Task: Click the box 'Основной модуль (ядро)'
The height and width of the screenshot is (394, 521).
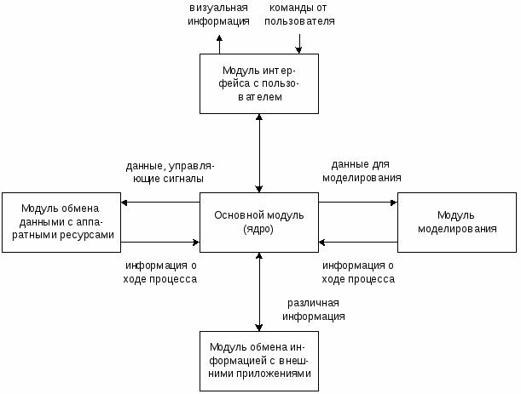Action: click(259, 222)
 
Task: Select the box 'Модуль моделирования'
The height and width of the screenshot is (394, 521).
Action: click(457, 222)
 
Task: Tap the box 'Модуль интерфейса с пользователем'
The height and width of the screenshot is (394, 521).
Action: click(259, 83)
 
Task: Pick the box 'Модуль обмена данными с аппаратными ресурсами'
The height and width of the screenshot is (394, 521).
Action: click(61, 222)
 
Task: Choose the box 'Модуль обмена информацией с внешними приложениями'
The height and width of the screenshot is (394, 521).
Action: click(259, 361)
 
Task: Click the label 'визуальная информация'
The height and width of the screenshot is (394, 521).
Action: click(218, 14)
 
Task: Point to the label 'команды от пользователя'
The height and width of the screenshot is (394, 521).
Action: click(299, 14)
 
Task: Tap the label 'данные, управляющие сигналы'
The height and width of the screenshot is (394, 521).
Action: click(170, 172)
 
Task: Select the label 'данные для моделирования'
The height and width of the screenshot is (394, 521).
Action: click(362, 171)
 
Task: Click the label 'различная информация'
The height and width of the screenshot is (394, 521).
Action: click(313, 310)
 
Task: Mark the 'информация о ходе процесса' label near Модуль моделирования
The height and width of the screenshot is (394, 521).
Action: click(358, 272)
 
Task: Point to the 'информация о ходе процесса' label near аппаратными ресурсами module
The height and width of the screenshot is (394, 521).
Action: click(160, 272)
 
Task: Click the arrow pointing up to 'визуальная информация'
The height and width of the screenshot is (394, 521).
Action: click(219, 44)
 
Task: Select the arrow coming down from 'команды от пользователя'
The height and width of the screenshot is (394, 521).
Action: click(298, 43)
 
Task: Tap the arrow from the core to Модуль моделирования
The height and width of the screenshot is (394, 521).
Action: click(358, 203)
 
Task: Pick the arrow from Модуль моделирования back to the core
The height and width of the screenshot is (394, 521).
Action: click(358, 243)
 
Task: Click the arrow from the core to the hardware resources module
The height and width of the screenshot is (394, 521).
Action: click(160, 203)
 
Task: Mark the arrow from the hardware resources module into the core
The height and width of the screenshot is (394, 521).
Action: click(160, 243)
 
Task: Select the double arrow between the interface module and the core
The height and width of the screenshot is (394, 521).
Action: click(259, 153)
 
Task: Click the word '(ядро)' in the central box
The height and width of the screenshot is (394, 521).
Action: click(258, 229)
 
